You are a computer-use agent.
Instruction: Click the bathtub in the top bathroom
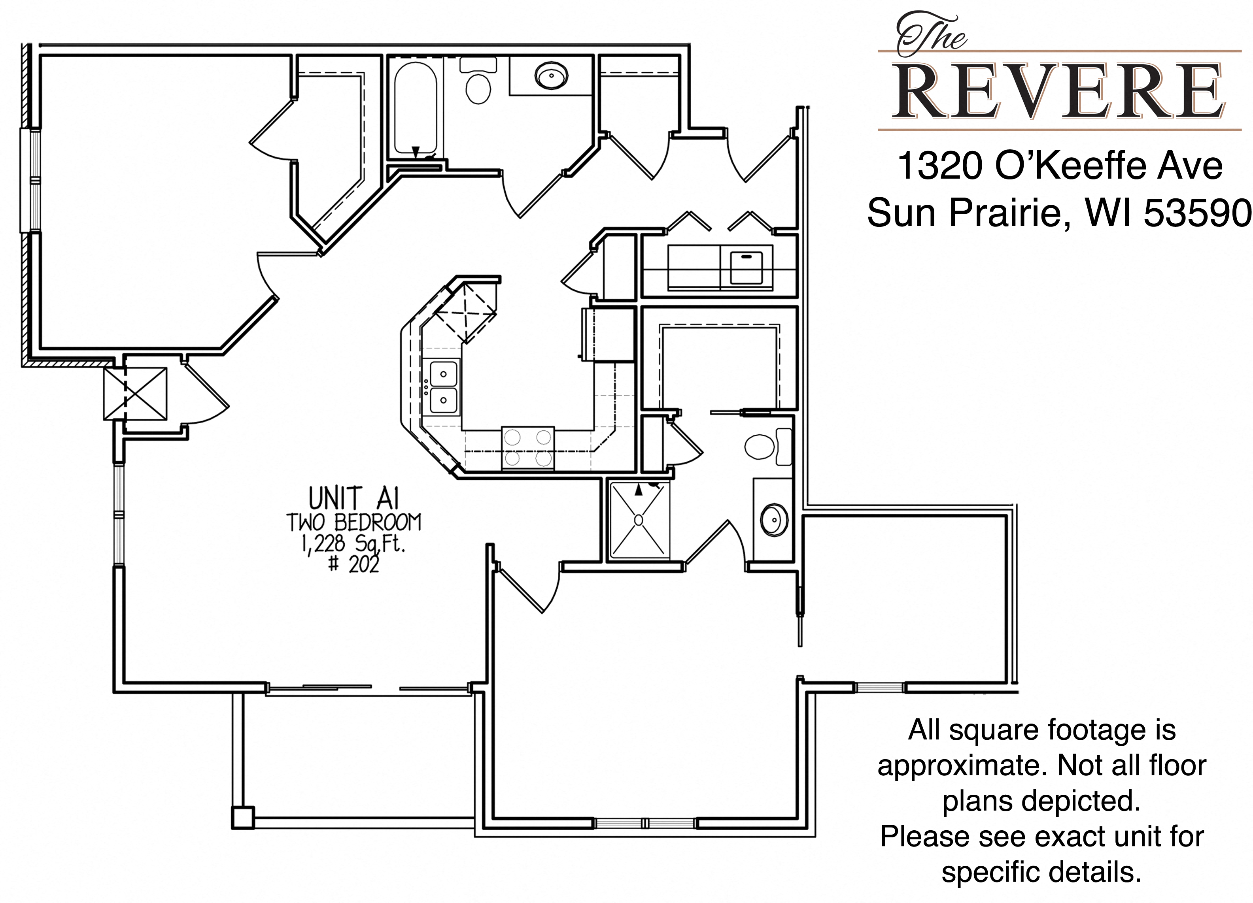pos(416,108)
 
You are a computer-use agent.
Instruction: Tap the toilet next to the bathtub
pos(478,81)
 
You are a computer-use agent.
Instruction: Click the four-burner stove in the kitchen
pos(527,448)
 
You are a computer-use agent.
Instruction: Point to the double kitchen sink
pos(444,386)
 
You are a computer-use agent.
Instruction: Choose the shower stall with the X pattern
pos(639,520)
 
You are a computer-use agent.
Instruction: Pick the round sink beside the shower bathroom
pos(774,519)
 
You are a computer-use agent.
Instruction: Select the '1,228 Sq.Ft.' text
pos(353,544)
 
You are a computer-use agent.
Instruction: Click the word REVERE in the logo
pos(1058,92)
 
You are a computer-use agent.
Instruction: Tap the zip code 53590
pos(1196,213)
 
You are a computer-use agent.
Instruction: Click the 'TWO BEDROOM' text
pos(353,522)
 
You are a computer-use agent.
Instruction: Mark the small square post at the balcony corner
pos(242,817)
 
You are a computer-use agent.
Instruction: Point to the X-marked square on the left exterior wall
pos(135,393)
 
